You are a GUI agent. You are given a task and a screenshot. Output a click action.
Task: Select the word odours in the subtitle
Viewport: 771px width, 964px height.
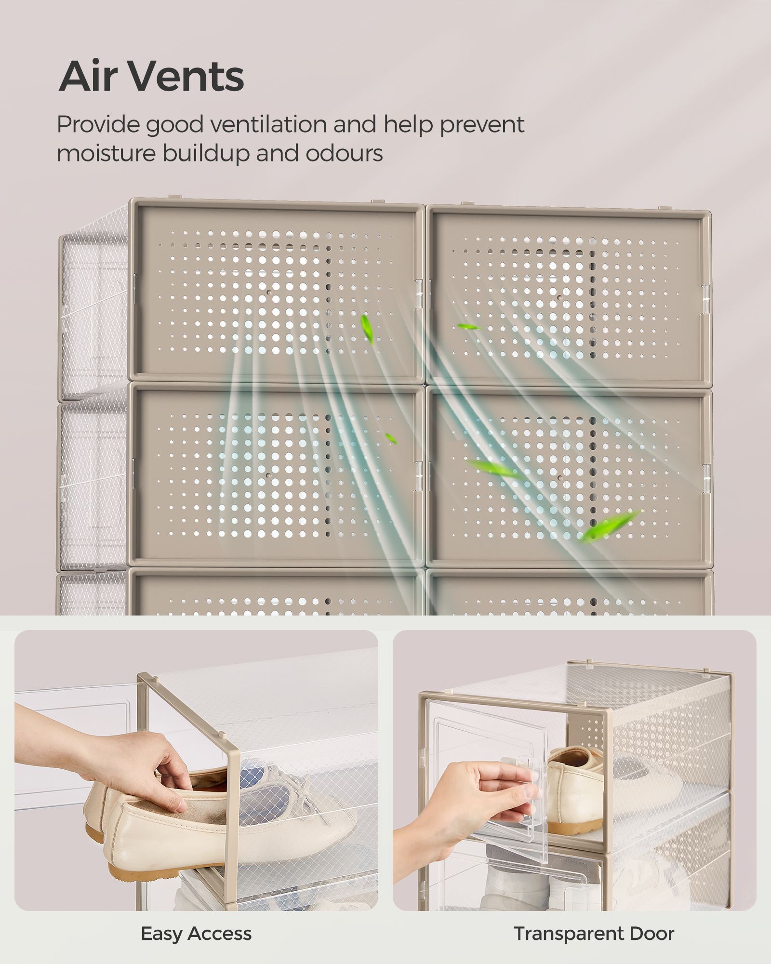click(344, 153)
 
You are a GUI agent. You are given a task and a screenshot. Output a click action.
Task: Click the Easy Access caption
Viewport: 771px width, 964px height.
click(196, 934)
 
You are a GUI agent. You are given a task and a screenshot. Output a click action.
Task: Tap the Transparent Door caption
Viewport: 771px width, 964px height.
click(594, 934)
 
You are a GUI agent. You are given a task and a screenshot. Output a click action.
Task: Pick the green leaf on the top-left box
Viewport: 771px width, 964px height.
click(367, 329)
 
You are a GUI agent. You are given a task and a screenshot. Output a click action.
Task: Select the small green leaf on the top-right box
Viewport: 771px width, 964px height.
click(468, 327)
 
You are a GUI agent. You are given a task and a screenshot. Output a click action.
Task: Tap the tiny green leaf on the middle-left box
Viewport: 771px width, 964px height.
click(391, 439)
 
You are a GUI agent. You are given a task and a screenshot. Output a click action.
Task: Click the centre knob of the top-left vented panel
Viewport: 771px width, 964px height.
click(269, 293)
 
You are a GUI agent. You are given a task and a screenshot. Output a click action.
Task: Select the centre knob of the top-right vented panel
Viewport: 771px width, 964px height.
click(559, 297)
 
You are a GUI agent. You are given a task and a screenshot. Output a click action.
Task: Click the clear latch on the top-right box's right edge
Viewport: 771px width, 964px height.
click(705, 299)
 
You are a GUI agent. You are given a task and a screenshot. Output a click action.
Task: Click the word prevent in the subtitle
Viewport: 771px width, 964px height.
click(481, 125)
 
